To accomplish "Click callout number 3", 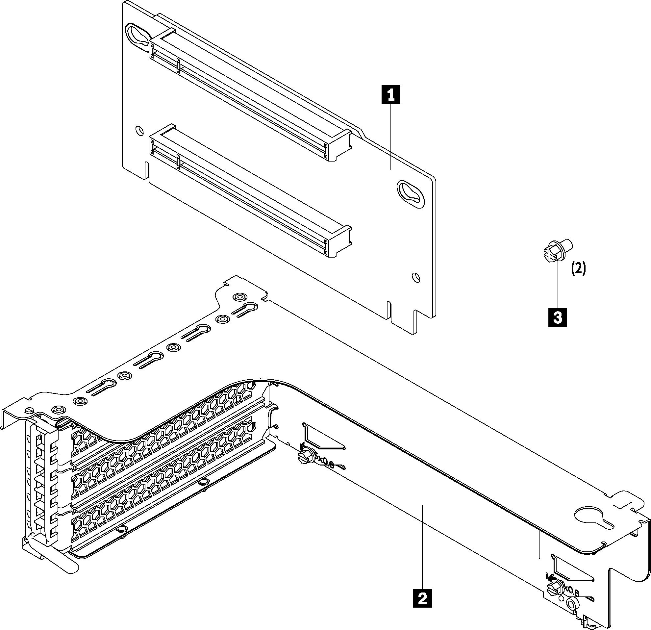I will point(558,317).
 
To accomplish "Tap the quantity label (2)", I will point(579,268).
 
